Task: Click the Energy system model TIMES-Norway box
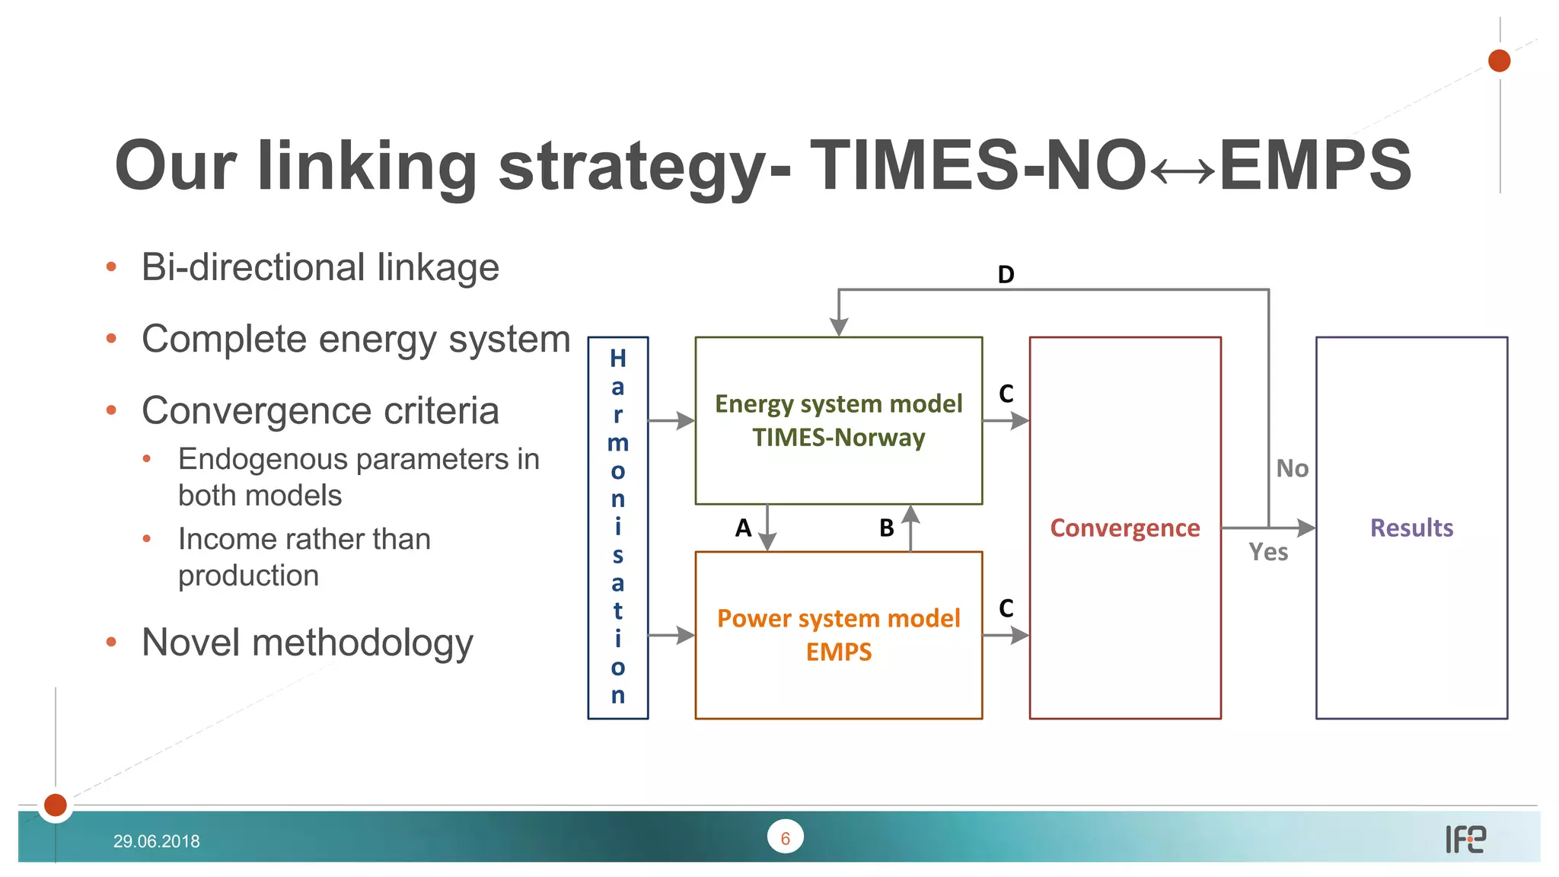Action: click(838, 420)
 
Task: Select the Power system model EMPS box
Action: click(838, 634)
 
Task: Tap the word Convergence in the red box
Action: click(1124, 528)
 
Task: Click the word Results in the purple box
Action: click(1411, 528)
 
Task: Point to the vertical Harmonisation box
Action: click(617, 527)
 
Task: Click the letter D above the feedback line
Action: click(1006, 275)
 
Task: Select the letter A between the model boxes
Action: click(743, 528)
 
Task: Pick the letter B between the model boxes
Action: click(886, 528)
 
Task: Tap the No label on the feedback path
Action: click(1292, 468)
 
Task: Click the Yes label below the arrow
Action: click(1268, 552)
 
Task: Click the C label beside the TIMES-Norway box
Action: click(1006, 394)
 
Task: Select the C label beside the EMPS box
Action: click(1006, 608)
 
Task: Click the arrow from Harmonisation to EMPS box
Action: click(671, 635)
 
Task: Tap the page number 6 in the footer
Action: click(785, 838)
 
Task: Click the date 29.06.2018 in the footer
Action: click(156, 841)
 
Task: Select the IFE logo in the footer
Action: click(1465, 839)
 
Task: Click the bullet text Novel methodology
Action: click(308, 642)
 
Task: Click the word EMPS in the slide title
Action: click(1315, 165)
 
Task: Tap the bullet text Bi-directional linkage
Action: click(320, 267)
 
